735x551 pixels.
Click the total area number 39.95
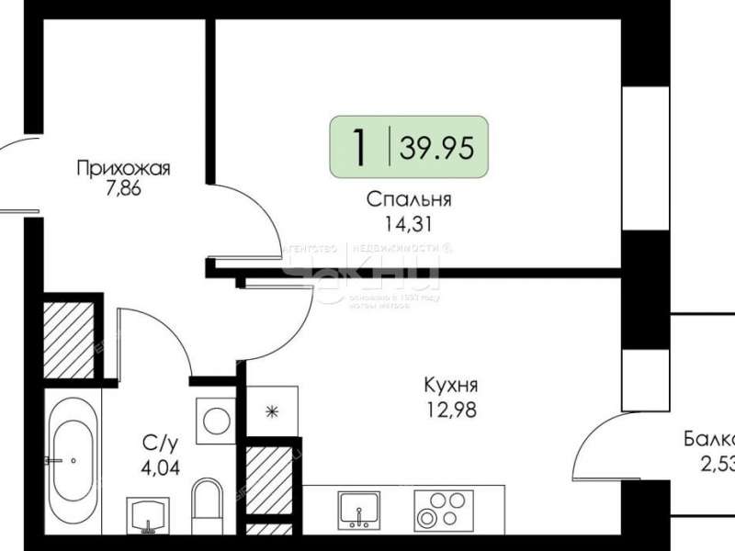point(437,146)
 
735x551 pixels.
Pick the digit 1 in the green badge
point(360,146)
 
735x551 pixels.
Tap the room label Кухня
point(450,385)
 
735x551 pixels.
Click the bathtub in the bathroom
point(73,459)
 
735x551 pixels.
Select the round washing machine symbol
point(217,422)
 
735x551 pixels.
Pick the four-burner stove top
point(439,509)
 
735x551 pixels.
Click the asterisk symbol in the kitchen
point(271,410)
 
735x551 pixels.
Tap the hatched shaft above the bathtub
point(70,339)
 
